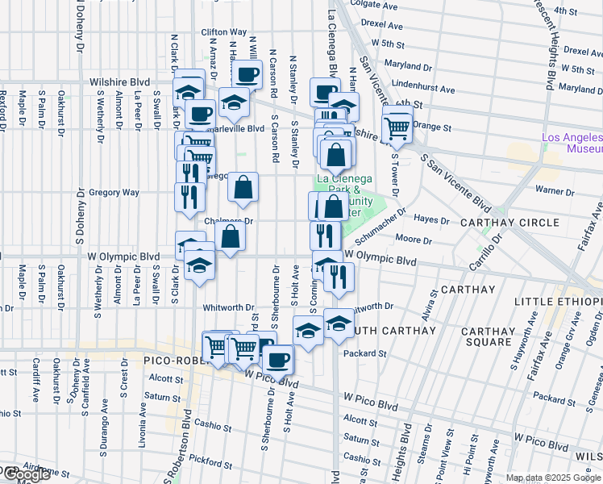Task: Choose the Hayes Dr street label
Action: [x=431, y=219]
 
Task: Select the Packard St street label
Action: [x=365, y=353]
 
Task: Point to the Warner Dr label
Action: [x=554, y=192]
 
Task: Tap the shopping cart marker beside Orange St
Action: [x=397, y=127]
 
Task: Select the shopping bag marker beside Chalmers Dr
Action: [x=231, y=237]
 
